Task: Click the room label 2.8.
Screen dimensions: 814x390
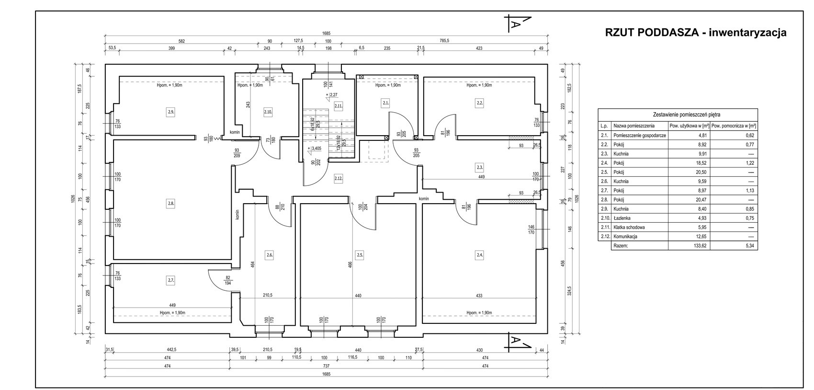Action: pos(171,204)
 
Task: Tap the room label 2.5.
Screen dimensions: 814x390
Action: pos(360,255)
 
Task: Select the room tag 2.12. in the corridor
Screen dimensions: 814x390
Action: pos(339,178)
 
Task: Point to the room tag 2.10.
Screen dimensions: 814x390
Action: pos(268,112)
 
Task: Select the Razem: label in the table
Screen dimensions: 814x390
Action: pos(621,246)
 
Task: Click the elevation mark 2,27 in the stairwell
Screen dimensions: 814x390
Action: pos(332,95)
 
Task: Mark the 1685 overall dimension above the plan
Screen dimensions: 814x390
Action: pos(327,34)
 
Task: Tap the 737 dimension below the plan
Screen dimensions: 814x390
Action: pos(327,367)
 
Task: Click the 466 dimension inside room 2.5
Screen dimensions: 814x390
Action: pos(350,264)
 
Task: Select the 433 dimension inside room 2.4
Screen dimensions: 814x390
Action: pos(479,296)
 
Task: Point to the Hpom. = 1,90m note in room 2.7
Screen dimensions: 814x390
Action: pos(172,312)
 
